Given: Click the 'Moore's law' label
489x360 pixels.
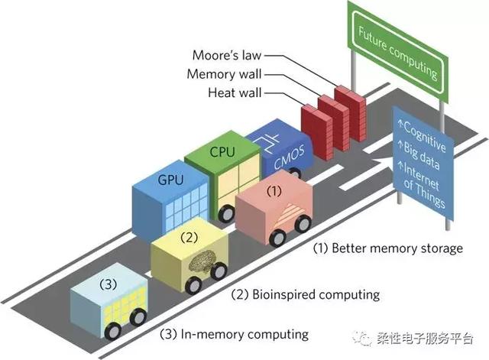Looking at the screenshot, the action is point(227,55).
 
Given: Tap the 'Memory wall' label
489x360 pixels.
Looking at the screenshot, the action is point(224,74).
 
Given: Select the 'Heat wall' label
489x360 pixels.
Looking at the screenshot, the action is point(235,92).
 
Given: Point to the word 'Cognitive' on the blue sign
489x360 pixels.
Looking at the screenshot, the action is point(423,135).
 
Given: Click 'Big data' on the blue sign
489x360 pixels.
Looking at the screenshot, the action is point(420,156).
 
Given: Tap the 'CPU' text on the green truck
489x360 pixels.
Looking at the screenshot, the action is point(222,151).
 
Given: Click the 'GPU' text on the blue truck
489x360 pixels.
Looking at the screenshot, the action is point(170,180).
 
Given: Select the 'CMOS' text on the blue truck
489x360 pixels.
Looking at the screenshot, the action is point(289,159).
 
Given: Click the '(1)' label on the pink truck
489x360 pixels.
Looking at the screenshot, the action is point(274,190).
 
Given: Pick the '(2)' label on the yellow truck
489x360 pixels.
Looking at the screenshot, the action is point(189,238).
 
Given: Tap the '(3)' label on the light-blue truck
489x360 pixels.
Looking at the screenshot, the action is point(108,284).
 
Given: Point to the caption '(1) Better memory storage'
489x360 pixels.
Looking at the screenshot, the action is point(388,248).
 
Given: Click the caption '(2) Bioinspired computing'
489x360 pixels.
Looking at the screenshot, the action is point(306,294).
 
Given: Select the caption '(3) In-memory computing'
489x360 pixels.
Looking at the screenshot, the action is point(235,335).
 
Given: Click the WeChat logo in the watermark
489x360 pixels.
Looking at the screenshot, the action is point(361,338).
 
